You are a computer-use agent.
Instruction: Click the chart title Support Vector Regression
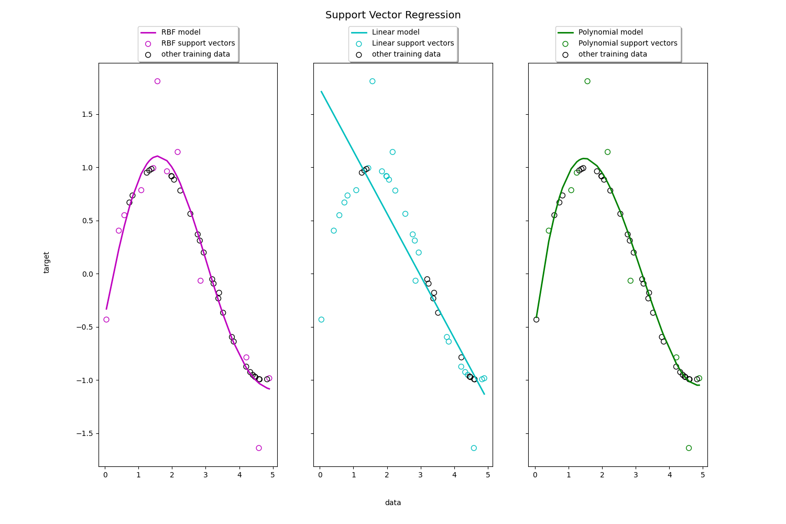coord(393,15)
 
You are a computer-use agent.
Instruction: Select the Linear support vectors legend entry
coord(412,43)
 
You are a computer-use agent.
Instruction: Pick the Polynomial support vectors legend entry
coord(627,43)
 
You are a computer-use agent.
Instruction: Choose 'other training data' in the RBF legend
coord(195,54)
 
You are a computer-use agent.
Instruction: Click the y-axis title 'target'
coord(47,263)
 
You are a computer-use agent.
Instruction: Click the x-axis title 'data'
coord(393,503)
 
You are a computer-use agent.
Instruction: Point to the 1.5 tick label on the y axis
coord(86,115)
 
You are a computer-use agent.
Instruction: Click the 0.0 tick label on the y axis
coord(86,274)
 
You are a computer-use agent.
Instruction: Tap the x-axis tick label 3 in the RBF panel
coord(205,475)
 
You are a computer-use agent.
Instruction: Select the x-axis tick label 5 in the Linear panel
coord(488,475)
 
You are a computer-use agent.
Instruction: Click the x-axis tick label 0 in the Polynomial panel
coord(534,475)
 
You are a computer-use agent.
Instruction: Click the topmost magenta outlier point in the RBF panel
coord(157,81)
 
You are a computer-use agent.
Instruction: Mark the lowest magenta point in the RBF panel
coord(259,448)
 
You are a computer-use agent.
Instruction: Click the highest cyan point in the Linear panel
coord(372,81)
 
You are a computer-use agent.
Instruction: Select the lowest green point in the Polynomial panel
coord(689,448)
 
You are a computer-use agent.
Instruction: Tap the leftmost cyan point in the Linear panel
coord(321,320)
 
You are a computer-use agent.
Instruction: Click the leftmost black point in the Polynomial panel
coord(536,320)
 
